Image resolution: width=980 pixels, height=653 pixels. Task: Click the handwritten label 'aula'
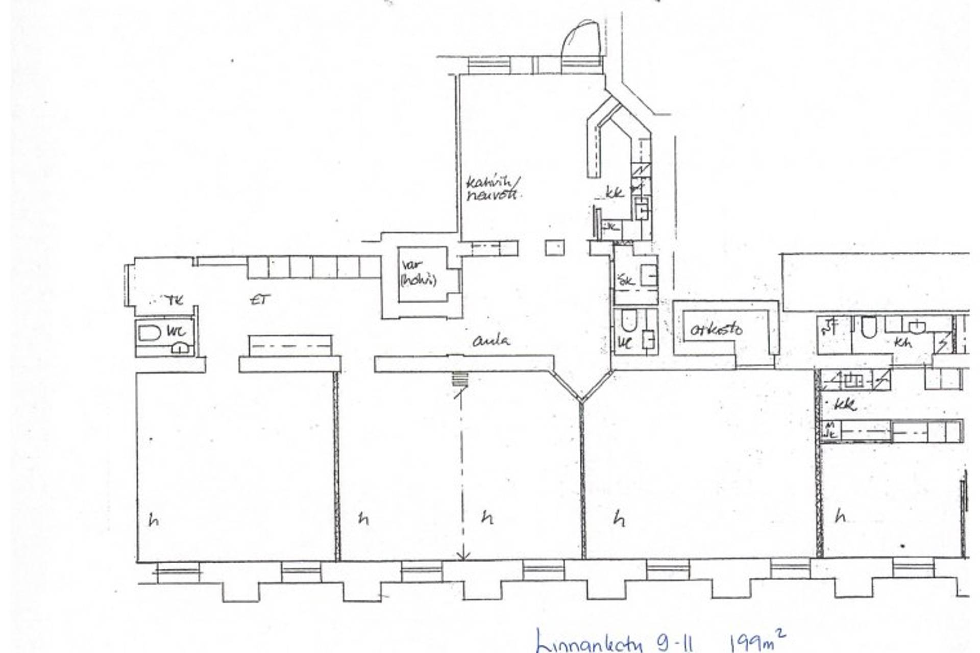click(x=491, y=340)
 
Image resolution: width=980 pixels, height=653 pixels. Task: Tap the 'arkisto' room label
click(x=716, y=330)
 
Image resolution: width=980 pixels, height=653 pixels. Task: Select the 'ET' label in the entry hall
click(x=260, y=300)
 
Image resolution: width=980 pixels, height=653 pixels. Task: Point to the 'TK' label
click(x=174, y=300)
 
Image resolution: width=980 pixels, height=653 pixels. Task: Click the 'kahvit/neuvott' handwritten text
click(x=492, y=188)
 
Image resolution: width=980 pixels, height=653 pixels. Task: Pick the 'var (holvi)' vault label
click(x=418, y=273)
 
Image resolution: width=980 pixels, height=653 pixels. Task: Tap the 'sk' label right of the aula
click(x=626, y=279)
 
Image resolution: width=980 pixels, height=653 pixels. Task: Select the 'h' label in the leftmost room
click(x=153, y=520)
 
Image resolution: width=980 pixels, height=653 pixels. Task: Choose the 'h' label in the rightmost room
click(x=840, y=517)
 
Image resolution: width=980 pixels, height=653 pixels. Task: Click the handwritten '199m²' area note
click(x=757, y=641)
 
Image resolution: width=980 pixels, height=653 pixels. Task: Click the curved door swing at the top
click(x=580, y=38)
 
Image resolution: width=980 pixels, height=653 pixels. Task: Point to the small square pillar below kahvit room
click(x=555, y=248)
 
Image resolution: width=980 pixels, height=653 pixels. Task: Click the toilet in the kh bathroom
click(x=869, y=327)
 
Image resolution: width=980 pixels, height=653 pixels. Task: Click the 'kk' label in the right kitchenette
click(x=845, y=405)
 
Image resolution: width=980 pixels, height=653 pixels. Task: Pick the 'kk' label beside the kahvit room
click(x=615, y=193)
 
